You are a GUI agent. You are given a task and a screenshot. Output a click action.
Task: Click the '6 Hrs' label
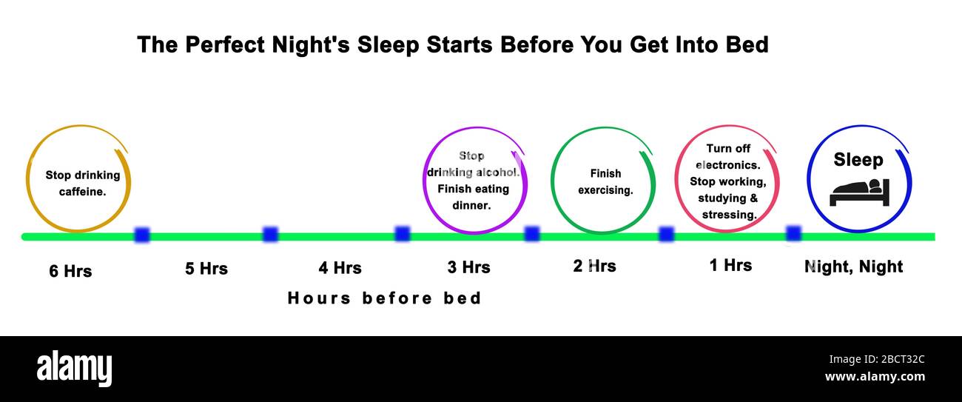pyautogui.click(x=70, y=271)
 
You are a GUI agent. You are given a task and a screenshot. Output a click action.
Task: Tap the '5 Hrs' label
pyautogui.click(x=206, y=268)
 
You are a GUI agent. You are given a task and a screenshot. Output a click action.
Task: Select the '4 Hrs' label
pyautogui.click(x=340, y=267)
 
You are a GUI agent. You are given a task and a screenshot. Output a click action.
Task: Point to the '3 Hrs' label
pyautogui.click(x=468, y=267)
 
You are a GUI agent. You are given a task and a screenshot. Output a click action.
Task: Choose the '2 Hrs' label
pyautogui.click(x=594, y=266)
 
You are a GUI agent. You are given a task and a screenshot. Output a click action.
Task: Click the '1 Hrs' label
pyautogui.click(x=730, y=265)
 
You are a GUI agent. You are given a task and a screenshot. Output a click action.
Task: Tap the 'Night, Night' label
pyautogui.click(x=853, y=267)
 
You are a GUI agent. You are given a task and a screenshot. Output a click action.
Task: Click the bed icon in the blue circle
pyautogui.click(x=859, y=192)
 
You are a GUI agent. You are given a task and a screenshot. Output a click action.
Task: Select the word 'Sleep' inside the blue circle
pyautogui.click(x=858, y=160)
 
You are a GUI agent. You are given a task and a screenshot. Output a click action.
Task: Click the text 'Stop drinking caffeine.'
pyautogui.click(x=82, y=184)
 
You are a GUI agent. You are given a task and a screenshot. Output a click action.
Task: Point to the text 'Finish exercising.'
pyautogui.click(x=605, y=181)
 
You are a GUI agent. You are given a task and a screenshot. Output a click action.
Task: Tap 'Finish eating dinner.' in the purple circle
pyautogui.click(x=473, y=197)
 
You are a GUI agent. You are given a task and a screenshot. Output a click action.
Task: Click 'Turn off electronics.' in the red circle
pyautogui.click(x=728, y=157)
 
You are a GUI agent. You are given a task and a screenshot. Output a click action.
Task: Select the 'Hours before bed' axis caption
pyautogui.click(x=384, y=298)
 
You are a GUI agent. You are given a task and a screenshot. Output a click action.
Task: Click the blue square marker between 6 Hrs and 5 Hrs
pyautogui.click(x=142, y=235)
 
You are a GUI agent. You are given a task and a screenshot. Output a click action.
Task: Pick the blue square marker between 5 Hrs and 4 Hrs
pyautogui.click(x=271, y=235)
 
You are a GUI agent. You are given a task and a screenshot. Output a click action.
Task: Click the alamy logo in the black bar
pyautogui.click(x=74, y=369)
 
